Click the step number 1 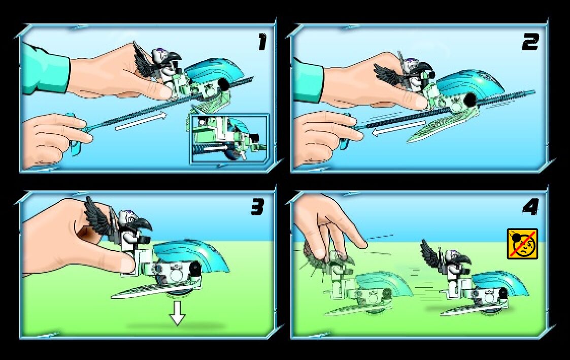point(262,42)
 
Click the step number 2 point(530,43)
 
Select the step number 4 point(530,208)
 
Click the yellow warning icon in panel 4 point(522,244)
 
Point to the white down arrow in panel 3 point(177,312)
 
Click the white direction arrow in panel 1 point(140,121)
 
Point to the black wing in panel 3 point(97,216)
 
